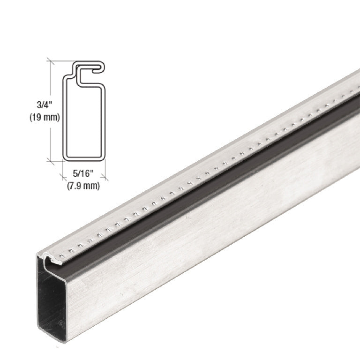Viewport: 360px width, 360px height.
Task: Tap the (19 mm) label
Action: click(45, 117)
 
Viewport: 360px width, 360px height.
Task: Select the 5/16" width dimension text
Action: click(83, 173)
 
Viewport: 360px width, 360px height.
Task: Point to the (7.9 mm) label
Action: click(83, 186)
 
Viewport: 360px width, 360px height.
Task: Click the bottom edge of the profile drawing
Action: click(84, 159)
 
